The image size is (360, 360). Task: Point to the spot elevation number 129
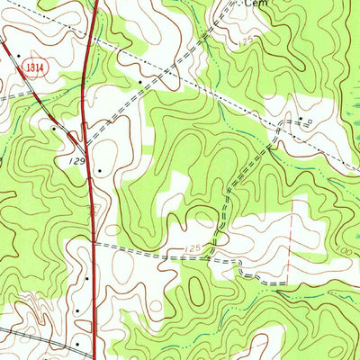[x=78, y=159]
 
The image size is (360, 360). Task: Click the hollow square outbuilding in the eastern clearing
[x=311, y=121]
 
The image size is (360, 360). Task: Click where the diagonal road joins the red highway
[x=84, y=144]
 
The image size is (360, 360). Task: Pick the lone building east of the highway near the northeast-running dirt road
[x=139, y=82]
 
